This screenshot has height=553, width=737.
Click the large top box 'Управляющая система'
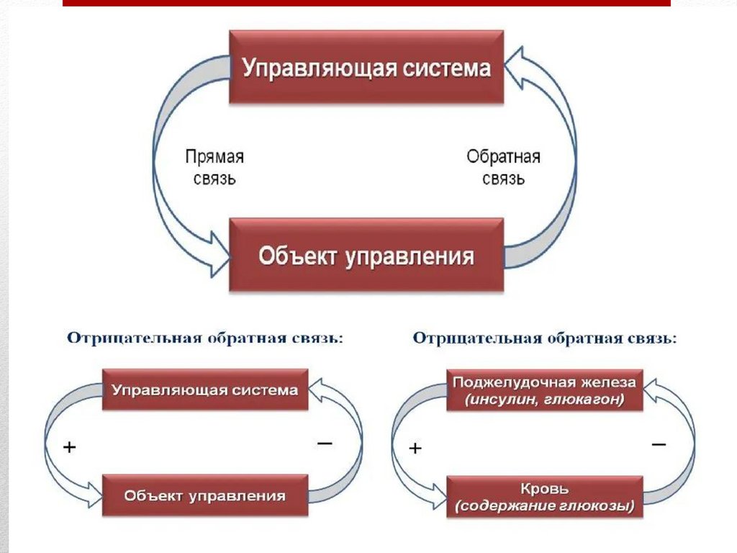pyautogui.click(x=366, y=67)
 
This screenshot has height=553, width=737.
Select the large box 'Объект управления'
pyautogui.click(x=366, y=256)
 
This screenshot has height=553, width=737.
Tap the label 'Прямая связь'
pyautogui.click(x=214, y=167)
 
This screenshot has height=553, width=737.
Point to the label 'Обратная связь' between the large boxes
pyautogui.click(x=503, y=167)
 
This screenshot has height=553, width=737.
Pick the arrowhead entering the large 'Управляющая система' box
pyautogui.click(x=515, y=67)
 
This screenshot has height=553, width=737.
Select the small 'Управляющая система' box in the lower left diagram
pyautogui.click(x=205, y=390)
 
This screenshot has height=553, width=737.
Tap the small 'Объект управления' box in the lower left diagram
pyautogui.click(x=205, y=495)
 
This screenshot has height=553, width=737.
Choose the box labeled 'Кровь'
pyautogui.click(x=544, y=497)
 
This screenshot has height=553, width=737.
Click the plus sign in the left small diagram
pyautogui.click(x=70, y=447)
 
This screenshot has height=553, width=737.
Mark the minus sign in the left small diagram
pyautogui.click(x=325, y=444)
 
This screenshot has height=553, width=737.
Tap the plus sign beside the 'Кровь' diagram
pyautogui.click(x=415, y=449)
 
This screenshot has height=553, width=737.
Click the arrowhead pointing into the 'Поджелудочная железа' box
pyautogui.click(x=650, y=390)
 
